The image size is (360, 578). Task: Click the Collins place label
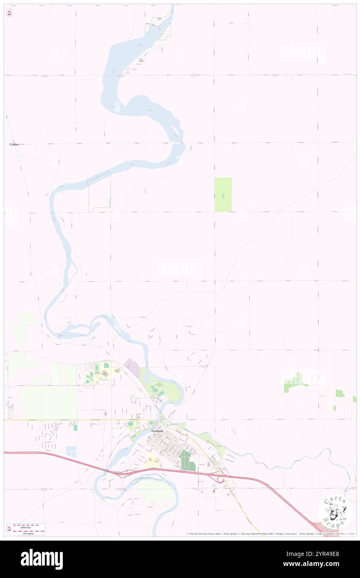[14, 144]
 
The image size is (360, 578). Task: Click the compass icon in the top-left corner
[9, 13]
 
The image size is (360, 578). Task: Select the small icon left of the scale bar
[9, 529]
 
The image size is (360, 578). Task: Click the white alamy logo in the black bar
[42, 559]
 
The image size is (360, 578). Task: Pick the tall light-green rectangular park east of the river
[223, 194]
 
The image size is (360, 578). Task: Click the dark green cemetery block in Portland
[188, 460]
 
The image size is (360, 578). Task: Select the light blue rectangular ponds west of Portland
[71, 452]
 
